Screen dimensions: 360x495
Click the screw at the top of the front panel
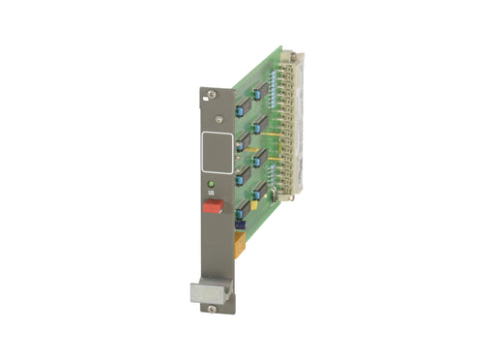point(211,95)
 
